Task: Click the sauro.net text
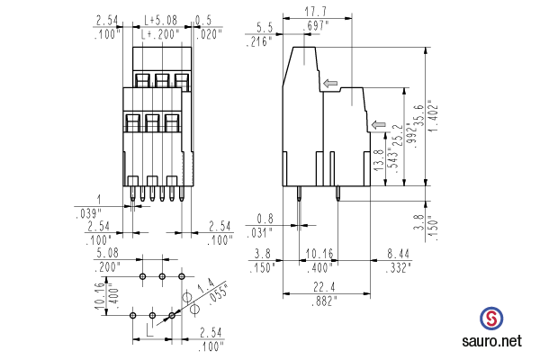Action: pyautogui.click(x=490, y=342)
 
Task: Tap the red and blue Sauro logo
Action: pyautogui.click(x=491, y=319)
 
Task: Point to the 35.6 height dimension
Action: pyautogui.click(x=417, y=116)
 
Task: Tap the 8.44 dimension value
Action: pyautogui.click(x=396, y=254)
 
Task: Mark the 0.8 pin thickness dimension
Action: pyautogui.click(x=265, y=219)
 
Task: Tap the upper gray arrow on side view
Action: pyautogui.click(x=330, y=84)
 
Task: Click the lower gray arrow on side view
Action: pyautogui.click(x=379, y=124)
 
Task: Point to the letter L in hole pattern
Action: pyautogui.click(x=150, y=332)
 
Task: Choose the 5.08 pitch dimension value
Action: pyautogui.click(x=107, y=254)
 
